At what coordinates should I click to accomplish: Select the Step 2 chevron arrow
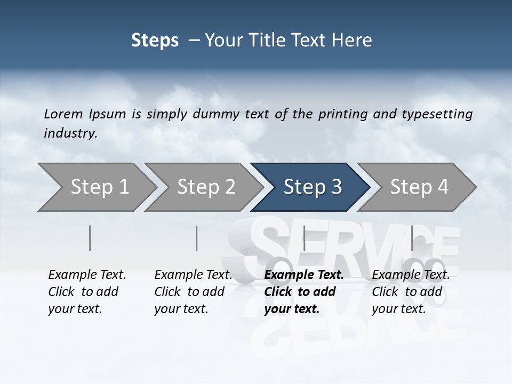tap(205, 187)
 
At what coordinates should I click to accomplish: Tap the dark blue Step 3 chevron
tap(311, 187)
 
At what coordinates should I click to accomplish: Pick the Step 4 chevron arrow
tap(419, 187)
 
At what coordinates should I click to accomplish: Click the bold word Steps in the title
tap(155, 41)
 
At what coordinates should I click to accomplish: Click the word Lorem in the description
tap(63, 114)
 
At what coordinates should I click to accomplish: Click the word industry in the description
tap(70, 133)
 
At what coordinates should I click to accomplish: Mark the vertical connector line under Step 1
tap(90, 238)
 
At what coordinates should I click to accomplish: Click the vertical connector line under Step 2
tap(197, 238)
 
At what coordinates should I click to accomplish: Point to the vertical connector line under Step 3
tap(304, 238)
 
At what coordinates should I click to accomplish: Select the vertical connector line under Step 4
tap(412, 238)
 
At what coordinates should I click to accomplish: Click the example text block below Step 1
tap(87, 292)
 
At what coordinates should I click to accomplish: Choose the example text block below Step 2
tap(193, 292)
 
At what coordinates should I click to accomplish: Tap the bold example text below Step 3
tap(304, 292)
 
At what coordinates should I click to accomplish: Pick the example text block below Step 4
tap(411, 292)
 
